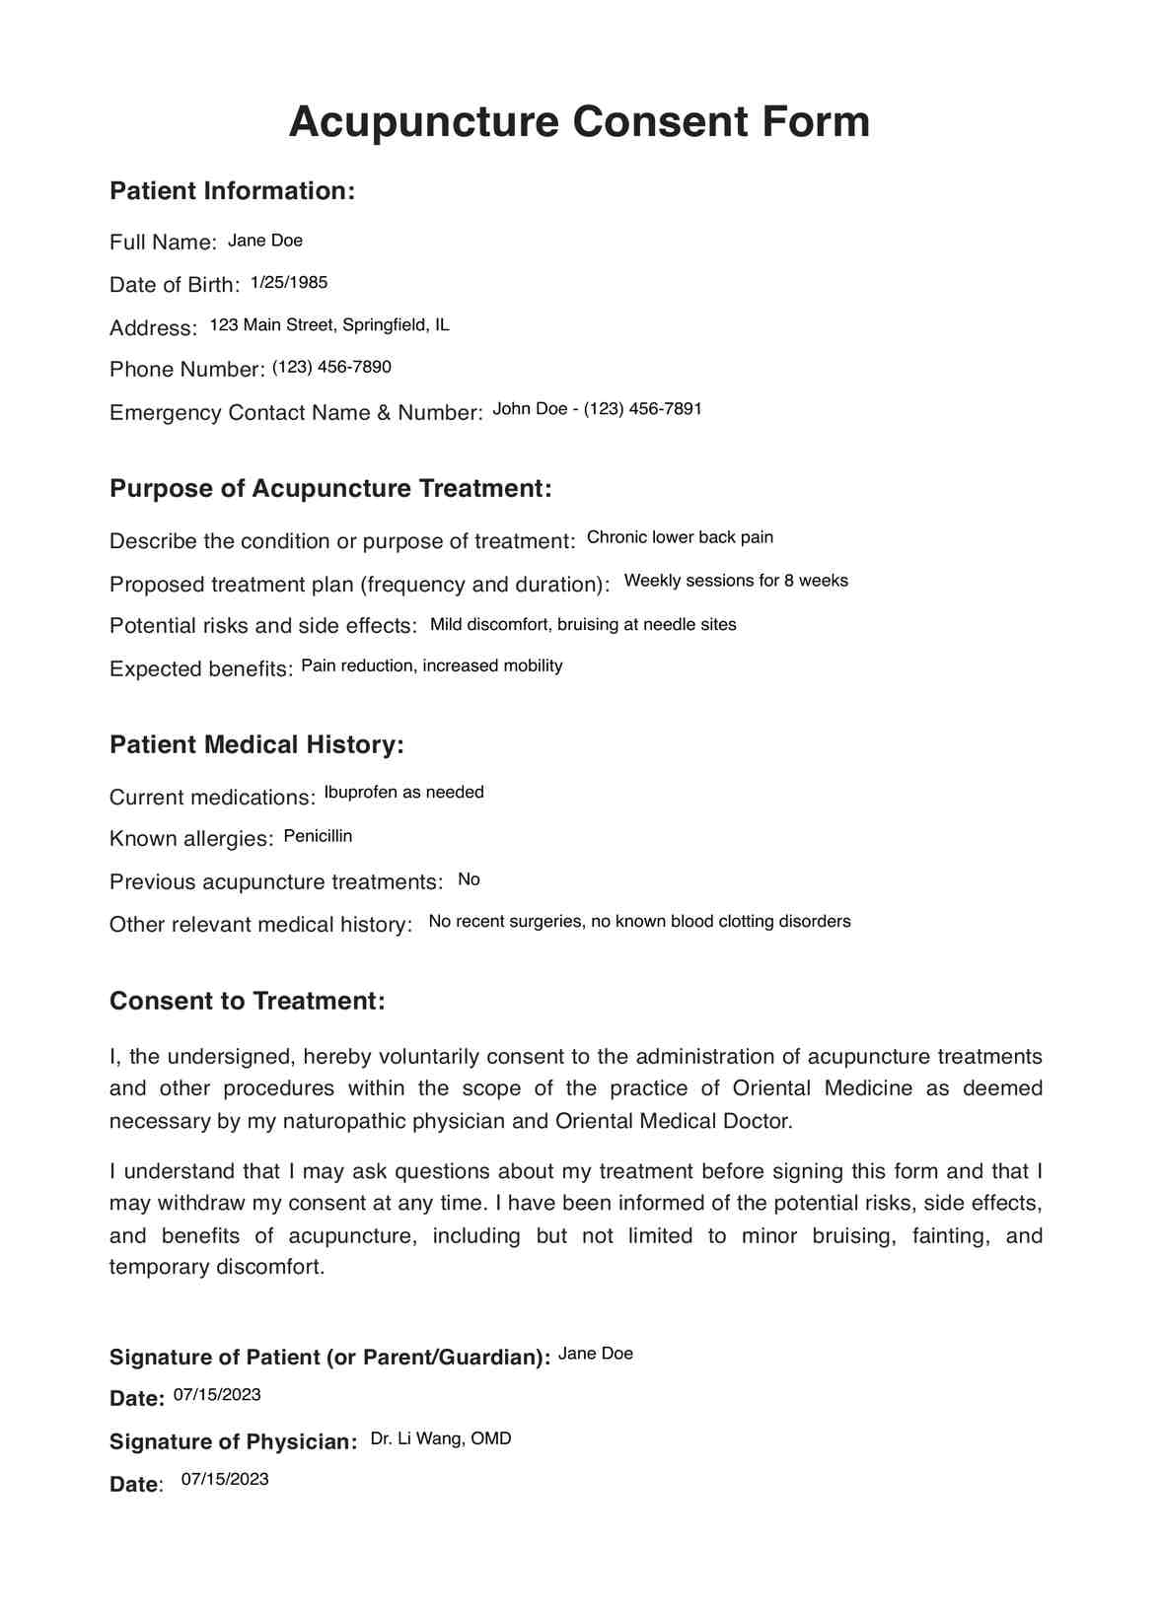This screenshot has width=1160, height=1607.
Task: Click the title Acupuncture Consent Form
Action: [x=579, y=122]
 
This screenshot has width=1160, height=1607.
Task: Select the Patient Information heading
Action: [x=232, y=191]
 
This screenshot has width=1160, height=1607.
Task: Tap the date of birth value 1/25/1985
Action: [x=289, y=283]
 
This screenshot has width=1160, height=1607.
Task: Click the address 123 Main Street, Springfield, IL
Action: [x=329, y=325]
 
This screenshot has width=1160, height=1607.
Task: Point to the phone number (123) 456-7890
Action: [x=331, y=368]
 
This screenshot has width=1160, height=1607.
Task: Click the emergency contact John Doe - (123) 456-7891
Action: [x=597, y=409]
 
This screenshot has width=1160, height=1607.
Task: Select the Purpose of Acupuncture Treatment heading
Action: [x=330, y=489]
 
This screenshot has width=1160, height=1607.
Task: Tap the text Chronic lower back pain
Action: [x=680, y=537]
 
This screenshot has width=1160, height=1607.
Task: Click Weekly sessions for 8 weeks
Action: [x=736, y=581]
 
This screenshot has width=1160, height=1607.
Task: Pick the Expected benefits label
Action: [x=201, y=669]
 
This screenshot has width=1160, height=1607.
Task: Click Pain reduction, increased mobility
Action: [x=432, y=666]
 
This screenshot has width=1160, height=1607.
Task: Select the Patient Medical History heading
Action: [x=256, y=745]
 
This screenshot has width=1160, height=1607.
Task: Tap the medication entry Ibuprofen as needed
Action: [x=403, y=793]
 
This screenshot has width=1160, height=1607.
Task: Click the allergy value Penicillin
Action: [x=318, y=837]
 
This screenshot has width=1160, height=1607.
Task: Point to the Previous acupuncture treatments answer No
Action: [x=469, y=879]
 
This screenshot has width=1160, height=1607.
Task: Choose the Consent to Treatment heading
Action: [x=247, y=1002]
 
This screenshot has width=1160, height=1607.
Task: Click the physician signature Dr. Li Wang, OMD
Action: [x=441, y=1439]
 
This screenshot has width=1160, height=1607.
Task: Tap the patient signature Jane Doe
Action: [x=596, y=1355]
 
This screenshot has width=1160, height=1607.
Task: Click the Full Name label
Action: [x=163, y=243]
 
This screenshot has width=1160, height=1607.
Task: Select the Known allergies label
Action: [x=191, y=839]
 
